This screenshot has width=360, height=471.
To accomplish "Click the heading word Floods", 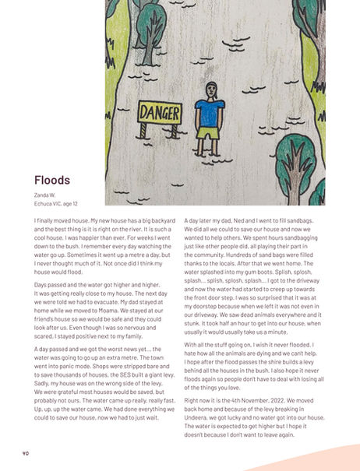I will point(52,180).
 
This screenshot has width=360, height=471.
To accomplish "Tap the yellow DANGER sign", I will point(159,112).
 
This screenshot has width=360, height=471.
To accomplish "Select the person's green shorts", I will point(208,132).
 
